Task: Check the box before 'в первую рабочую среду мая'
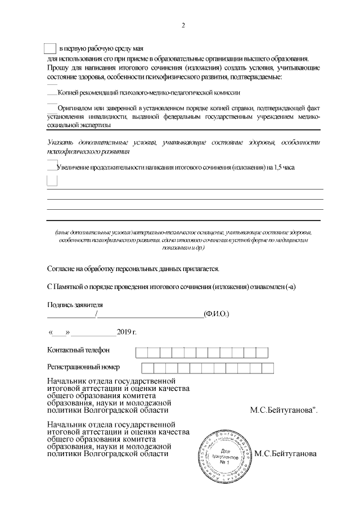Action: click(x=50, y=48)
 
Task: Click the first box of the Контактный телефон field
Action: click(x=141, y=353)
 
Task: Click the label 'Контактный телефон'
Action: click(x=78, y=350)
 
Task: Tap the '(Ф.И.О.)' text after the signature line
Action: click(x=217, y=313)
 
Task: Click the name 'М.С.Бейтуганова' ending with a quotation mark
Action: click(x=283, y=410)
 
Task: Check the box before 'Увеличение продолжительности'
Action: click(x=52, y=165)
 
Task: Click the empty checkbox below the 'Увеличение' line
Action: click(x=52, y=181)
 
